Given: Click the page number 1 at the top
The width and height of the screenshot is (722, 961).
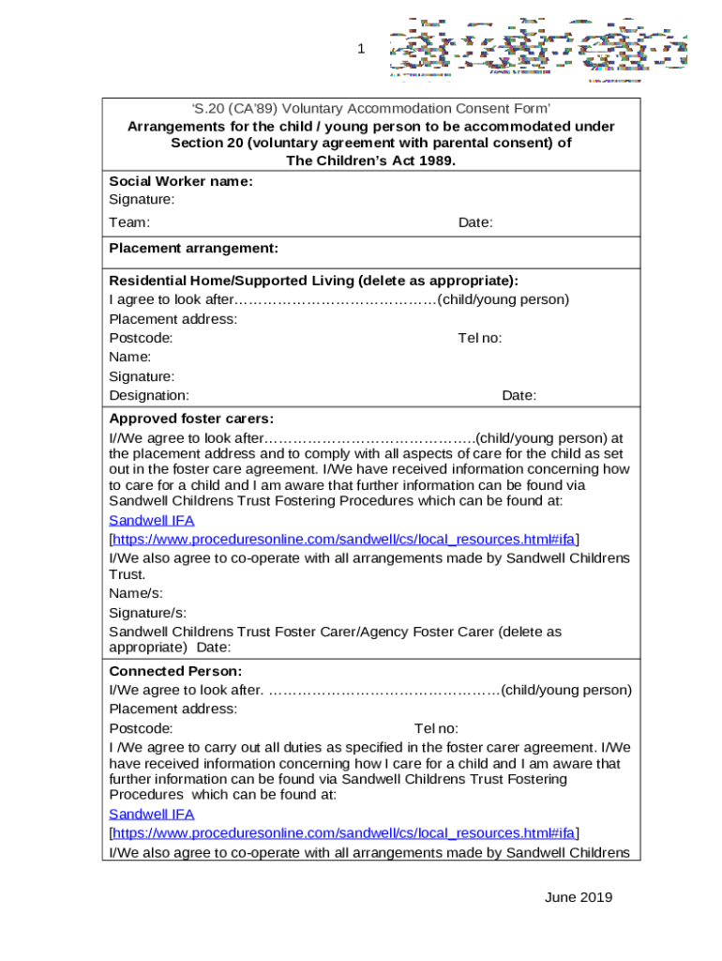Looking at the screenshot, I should (360, 49).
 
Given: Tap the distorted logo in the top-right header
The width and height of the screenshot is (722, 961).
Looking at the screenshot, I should (538, 49).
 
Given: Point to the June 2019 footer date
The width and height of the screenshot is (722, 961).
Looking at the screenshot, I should (578, 897).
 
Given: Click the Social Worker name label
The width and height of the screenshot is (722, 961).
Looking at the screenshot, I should (181, 181).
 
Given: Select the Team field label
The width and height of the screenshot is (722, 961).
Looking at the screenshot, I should (129, 222).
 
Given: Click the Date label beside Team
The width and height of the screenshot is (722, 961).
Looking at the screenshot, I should (475, 222).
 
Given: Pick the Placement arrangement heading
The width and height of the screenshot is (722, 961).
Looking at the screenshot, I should (193, 248).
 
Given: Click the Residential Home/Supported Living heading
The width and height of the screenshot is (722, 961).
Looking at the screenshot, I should (313, 281).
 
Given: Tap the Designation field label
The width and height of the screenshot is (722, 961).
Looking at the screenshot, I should (149, 395).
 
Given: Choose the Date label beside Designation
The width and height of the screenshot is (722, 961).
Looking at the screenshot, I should (519, 395).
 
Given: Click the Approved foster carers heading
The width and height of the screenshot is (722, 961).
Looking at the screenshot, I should (191, 418).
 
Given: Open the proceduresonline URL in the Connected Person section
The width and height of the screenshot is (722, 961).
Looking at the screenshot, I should (344, 832).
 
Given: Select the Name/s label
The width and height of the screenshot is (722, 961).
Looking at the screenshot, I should (136, 593).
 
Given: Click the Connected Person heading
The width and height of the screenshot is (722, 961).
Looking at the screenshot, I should (175, 671).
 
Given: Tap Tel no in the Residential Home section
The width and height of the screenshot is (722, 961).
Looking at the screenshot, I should (479, 338).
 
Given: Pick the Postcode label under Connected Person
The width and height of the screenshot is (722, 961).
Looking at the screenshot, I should (141, 728).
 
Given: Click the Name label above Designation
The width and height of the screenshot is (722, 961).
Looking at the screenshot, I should (130, 357).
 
